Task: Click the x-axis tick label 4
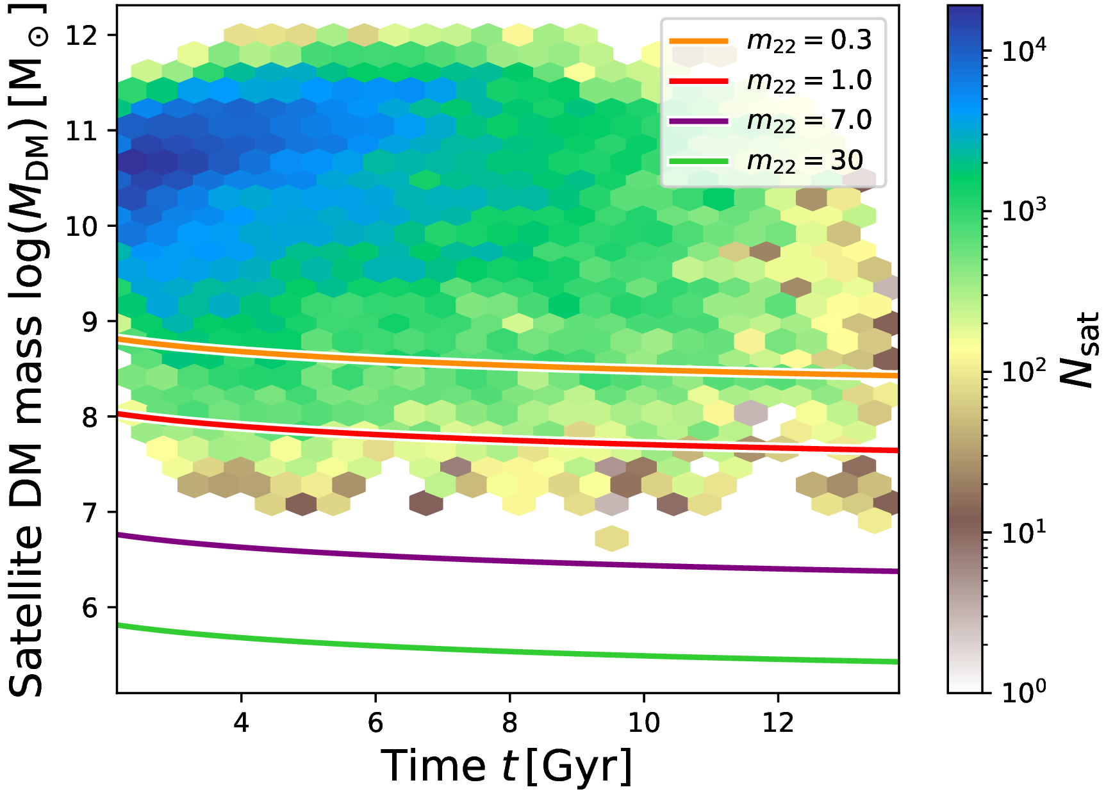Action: coord(241,723)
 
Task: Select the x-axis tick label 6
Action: coord(376,723)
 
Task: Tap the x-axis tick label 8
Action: coord(509,723)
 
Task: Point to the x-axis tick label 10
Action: coord(643,723)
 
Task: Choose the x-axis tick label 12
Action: coord(778,723)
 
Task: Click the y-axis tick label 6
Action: coord(90,608)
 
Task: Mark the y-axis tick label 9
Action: coord(90,321)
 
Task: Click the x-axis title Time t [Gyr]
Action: coord(506,766)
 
